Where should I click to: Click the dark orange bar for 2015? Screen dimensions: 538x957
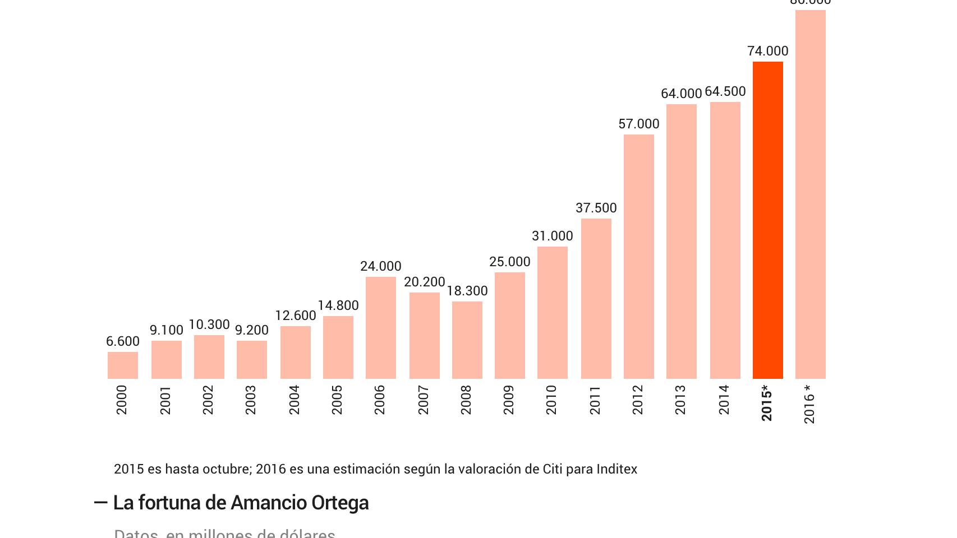pos(767,220)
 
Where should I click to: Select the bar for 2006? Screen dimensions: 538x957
pos(380,328)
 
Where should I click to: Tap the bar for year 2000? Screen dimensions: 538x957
pos(122,365)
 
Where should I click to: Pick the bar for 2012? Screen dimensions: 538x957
pos(638,257)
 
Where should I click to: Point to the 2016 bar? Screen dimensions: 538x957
pos(810,194)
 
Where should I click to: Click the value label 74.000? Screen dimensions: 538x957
pos(767,51)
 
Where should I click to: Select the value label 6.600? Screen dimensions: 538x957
pos(122,341)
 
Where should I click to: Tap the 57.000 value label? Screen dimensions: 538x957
pos(638,124)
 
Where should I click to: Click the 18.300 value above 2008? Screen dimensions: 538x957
pos(467,291)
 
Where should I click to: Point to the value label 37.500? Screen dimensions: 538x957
pos(596,208)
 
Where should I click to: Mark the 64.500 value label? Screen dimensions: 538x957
pos(725,91)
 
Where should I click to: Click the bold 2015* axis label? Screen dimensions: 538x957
pos(767,402)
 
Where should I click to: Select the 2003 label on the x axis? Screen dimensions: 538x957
pos(251,400)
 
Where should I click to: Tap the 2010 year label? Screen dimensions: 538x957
pos(551,400)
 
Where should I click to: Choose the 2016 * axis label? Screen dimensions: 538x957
pos(809,404)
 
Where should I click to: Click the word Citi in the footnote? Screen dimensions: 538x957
pos(552,469)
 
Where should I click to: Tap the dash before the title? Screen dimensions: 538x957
pos(100,503)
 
